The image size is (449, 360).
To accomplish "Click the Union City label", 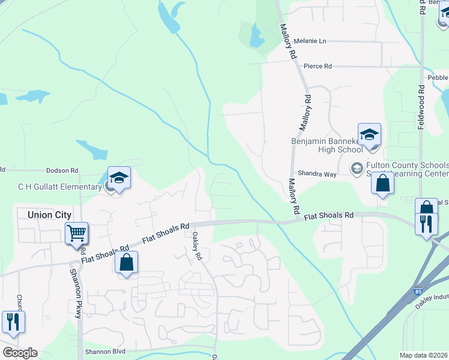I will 49,215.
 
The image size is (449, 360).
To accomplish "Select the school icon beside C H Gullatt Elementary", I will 119,178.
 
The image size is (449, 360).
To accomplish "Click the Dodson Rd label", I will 62,171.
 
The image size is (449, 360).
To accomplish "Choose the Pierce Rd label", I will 318,66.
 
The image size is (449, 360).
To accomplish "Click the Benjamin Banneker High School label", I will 327,145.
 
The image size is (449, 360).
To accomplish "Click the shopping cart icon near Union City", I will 77,233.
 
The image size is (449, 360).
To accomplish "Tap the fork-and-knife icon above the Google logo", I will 12,322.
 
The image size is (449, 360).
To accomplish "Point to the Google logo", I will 20,353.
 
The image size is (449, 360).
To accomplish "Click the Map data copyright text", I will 424,355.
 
